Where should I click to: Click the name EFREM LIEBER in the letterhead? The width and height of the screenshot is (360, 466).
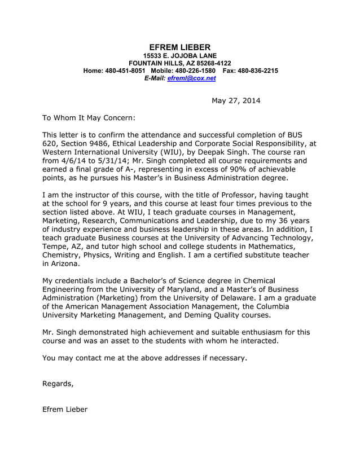pos(179,47)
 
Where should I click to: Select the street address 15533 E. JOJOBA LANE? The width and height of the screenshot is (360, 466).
pos(179,56)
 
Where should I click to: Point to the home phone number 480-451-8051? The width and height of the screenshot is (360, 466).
pos(125,71)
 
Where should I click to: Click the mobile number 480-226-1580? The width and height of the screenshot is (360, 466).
pos(195,71)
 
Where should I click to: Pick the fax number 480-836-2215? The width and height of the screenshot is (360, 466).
pos(257,71)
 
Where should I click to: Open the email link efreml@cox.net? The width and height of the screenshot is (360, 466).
pos(191,79)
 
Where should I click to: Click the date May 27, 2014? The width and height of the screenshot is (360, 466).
pos(236,101)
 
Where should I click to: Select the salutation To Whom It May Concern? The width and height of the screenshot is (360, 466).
pos(89,118)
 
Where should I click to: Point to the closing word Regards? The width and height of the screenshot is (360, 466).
pos(58,384)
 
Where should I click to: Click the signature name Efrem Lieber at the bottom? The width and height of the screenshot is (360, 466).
pos(65,409)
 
